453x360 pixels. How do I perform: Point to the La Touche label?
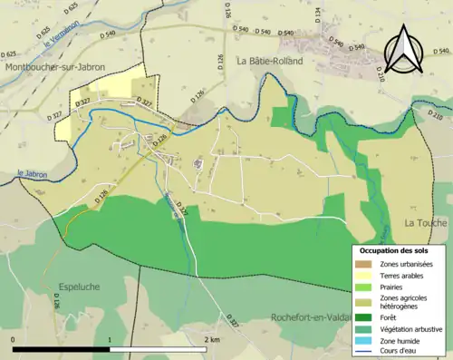click(423, 222)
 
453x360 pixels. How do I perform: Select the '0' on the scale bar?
click(14, 339)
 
